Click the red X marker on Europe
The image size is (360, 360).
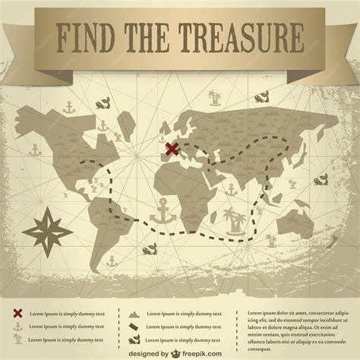(x=173, y=149)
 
